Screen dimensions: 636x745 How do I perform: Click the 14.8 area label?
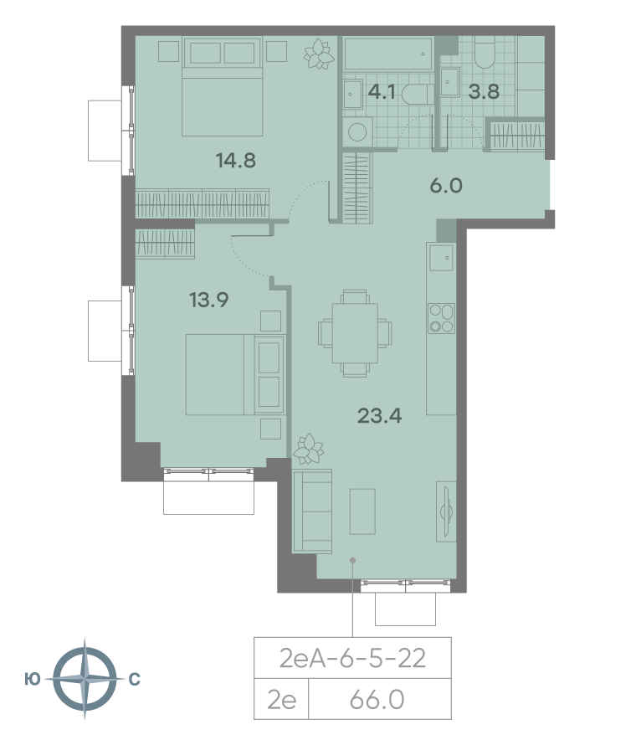[x=236, y=161]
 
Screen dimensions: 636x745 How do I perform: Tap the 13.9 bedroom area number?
[x=209, y=300]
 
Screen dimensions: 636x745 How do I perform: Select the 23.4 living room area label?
[x=380, y=416]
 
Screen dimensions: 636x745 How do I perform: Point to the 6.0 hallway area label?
[x=446, y=185]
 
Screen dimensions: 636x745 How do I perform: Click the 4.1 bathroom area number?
[x=382, y=92]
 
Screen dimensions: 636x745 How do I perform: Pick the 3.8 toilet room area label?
[x=484, y=92]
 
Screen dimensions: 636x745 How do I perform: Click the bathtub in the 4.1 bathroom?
[x=388, y=54]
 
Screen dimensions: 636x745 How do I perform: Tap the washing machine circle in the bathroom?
[x=357, y=131]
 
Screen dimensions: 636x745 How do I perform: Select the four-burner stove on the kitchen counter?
[x=441, y=318]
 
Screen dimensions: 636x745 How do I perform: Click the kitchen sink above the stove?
[x=441, y=257]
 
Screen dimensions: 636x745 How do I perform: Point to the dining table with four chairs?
[x=355, y=333]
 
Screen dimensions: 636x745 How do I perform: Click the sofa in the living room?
[x=312, y=511]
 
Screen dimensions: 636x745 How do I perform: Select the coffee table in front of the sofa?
[x=362, y=511]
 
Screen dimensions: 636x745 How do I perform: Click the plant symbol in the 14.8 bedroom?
[x=319, y=54]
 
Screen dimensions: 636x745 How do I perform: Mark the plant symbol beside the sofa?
[x=308, y=449]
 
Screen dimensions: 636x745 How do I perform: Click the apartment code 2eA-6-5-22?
[x=352, y=659]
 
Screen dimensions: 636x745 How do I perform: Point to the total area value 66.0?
[x=377, y=700]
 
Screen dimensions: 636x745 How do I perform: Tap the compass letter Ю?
[x=33, y=680]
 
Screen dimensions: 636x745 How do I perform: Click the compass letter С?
[x=135, y=680]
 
